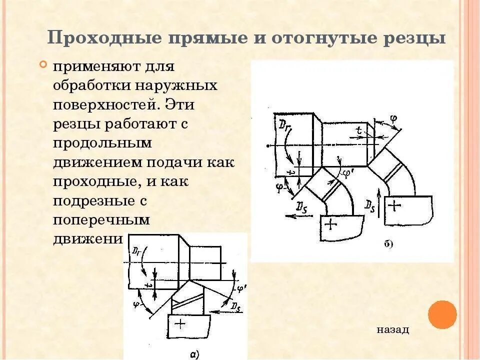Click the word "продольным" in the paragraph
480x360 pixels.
[102, 143]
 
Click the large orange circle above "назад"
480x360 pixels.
[442, 314]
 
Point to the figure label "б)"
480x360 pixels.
[388, 244]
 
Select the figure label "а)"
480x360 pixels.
[195, 354]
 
